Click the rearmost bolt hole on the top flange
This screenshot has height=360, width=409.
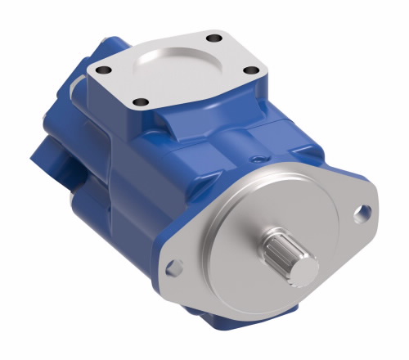click(x=215, y=36)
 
